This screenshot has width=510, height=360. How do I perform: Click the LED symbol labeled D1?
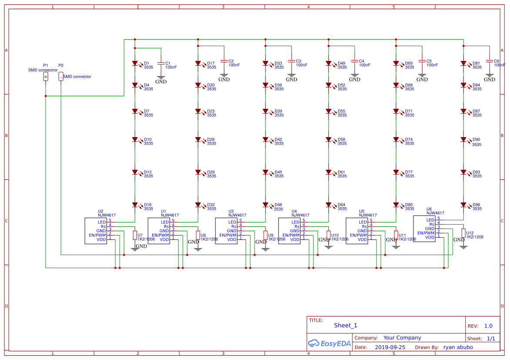tap(135, 64)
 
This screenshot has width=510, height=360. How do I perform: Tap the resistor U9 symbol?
tap(265, 235)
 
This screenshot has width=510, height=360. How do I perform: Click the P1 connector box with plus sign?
tap(46, 77)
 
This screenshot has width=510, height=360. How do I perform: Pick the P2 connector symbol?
tap(61, 77)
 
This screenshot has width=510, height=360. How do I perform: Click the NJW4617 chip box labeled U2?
tap(95, 231)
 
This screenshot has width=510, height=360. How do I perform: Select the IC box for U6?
tap(424, 229)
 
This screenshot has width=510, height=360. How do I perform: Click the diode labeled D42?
tap(265, 140)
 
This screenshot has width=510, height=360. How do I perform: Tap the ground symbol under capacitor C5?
tap(422, 77)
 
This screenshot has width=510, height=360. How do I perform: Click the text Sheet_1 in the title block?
tap(346, 325)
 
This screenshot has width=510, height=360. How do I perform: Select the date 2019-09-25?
tap(390, 347)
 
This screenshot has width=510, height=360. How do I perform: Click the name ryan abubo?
tap(458, 347)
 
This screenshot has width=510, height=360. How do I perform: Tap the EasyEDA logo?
tap(329, 343)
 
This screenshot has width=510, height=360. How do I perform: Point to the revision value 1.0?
tap(488, 326)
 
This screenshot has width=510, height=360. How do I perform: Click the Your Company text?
tap(402, 338)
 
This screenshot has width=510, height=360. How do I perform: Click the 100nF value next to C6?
tap(500, 65)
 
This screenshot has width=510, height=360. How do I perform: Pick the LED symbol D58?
tap(329, 140)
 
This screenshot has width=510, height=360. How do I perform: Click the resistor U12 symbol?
tap(463, 233)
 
